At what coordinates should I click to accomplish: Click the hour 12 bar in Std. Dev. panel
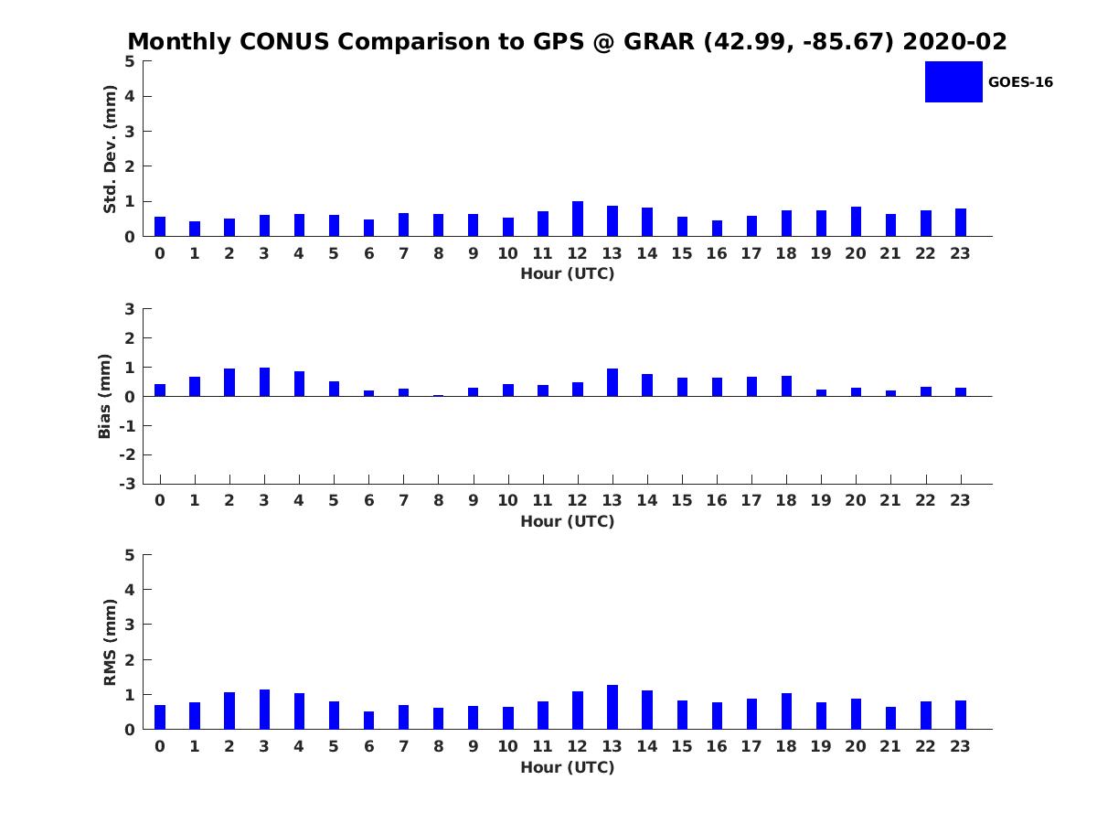click(x=578, y=219)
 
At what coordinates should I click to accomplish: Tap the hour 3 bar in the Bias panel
click(x=264, y=382)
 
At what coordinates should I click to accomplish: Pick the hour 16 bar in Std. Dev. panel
click(x=717, y=229)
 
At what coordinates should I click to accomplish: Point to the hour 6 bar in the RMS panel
click(x=368, y=721)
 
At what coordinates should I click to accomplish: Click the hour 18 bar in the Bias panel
click(x=786, y=386)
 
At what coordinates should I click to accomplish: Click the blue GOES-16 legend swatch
click(x=953, y=82)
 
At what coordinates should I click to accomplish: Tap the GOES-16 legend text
click(x=1020, y=82)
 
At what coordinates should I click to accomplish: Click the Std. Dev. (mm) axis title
click(x=111, y=149)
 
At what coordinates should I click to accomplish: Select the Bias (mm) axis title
click(x=105, y=396)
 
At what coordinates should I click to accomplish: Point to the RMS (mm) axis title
click(x=111, y=642)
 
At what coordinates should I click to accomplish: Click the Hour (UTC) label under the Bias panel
click(x=567, y=521)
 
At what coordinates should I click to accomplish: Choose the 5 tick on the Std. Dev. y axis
click(x=131, y=61)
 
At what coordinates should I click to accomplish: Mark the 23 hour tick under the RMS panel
click(x=960, y=746)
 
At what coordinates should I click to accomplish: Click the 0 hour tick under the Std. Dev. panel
click(x=160, y=253)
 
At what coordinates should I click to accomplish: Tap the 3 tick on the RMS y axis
click(x=131, y=625)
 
